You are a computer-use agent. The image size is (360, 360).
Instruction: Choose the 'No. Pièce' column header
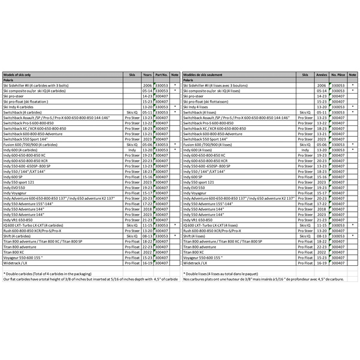[339, 74]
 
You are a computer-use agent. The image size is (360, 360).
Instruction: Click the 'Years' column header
[147, 74]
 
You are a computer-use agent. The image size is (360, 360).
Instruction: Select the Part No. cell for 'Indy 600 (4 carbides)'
[161, 150]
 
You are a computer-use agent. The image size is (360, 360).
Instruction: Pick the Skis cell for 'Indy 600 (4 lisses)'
[305, 150]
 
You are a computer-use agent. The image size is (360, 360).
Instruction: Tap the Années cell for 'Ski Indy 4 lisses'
[322, 107]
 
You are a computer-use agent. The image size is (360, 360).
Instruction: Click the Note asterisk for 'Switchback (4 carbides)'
[175, 112]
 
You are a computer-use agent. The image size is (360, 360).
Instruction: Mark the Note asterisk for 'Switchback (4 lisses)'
[353, 112]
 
